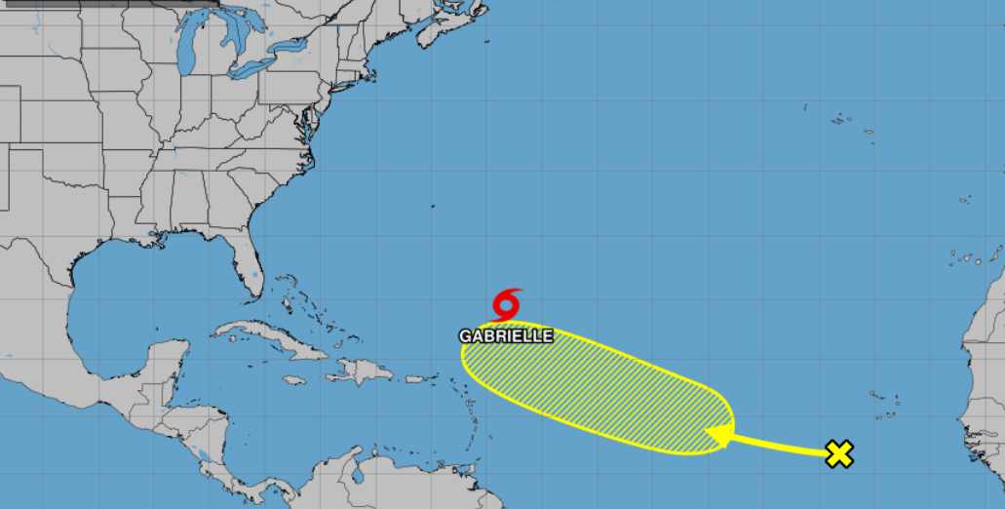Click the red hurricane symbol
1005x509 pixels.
[x=507, y=304]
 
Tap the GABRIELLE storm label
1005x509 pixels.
[x=507, y=335]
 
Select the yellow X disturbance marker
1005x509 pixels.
[x=838, y=453]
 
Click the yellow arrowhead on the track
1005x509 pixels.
[x=719, y=436]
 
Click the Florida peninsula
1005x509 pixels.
[x=252, y=263]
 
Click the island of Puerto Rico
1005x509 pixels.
[x=419, y=377]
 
